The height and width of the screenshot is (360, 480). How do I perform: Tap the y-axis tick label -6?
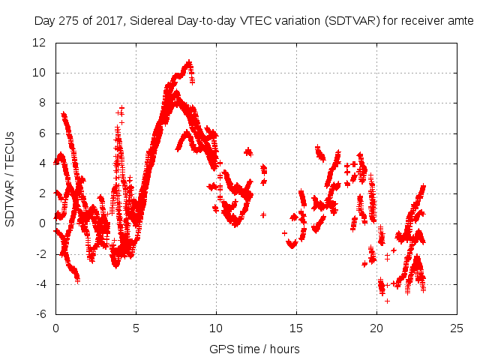click(x=41, y=314)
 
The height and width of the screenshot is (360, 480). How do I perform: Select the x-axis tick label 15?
click(x=296, y=328)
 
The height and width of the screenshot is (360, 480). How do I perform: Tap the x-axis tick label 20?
click(x=376, y=328)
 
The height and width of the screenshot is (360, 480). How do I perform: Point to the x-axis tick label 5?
click(x=136, y=328)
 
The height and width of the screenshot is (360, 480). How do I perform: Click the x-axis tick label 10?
click(x=216, y=328)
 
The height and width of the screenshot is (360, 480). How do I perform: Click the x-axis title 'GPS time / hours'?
click(x=254, y=349)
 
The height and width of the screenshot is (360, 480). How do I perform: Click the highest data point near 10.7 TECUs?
click(x=189, y=62)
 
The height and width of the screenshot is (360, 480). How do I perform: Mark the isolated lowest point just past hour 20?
click(x=387, y=301)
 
